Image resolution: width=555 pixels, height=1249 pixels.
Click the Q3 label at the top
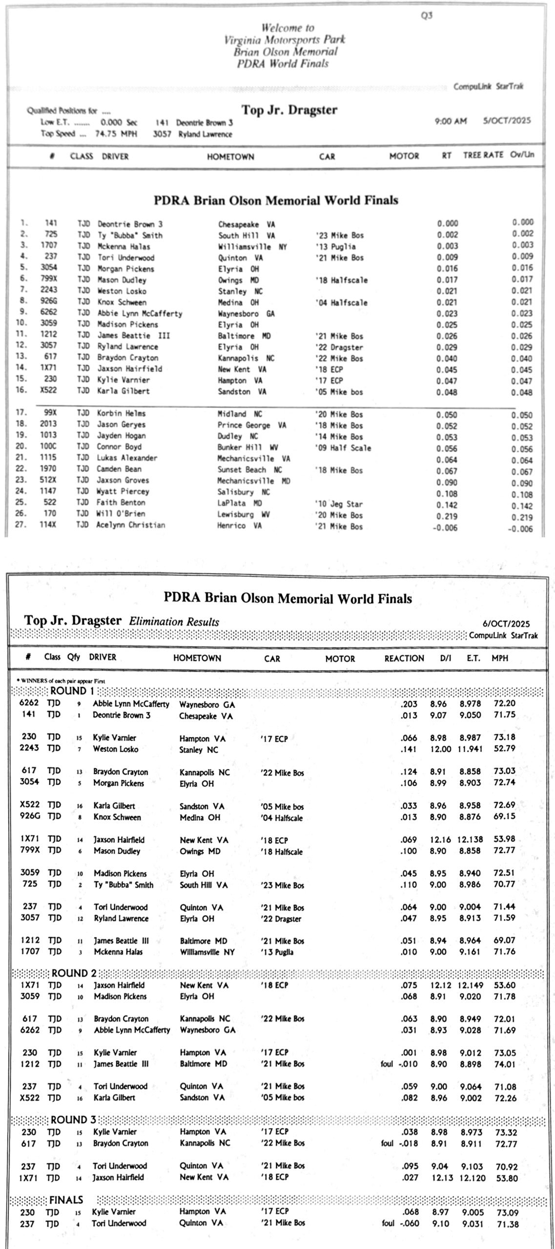pos(427,16)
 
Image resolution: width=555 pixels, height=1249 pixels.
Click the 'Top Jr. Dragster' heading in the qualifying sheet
pos(289,110)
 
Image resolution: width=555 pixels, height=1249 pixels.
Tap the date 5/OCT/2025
pos(507,121)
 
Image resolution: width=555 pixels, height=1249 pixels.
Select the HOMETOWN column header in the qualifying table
pos(230,157)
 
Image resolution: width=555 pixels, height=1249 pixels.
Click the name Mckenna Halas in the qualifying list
pos(124,246)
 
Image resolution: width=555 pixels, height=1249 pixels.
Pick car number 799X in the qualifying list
pos(48,280)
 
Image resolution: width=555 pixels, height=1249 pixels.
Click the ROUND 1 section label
pos(72,691)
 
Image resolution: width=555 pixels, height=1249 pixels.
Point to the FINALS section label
pos(66,1200)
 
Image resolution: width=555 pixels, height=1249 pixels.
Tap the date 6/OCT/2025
pos(506,624)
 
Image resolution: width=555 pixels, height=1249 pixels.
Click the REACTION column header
pos(404,658)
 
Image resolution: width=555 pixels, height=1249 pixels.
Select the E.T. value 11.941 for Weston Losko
pos(470,749)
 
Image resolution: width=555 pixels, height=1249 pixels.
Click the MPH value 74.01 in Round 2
pos(505,1064)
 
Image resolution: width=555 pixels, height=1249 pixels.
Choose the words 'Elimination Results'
pos(174,622)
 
